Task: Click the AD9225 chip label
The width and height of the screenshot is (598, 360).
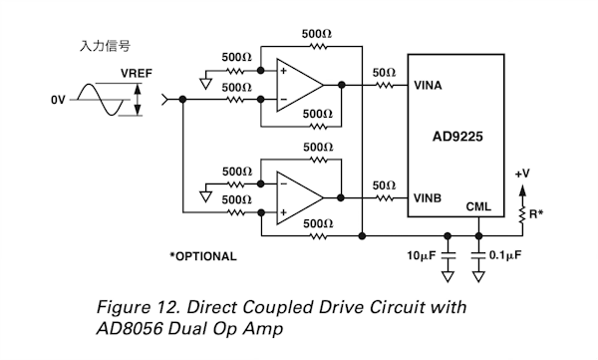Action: coord(457,137)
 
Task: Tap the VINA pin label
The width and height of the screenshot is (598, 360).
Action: coord(428,85)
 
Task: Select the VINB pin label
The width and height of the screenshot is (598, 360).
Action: coord(428,198)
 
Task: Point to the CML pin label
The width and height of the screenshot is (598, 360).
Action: coord(478,206)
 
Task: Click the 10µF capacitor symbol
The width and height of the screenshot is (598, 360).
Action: coord(448,255)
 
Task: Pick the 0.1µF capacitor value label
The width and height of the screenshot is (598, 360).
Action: coord(505,255)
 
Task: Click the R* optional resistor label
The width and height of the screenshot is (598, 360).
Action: coord(536,213)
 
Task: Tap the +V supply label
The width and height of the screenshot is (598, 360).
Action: coord(522,174)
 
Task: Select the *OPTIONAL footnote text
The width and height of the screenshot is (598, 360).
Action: coord(203,256)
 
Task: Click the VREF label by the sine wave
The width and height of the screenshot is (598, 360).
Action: coord(137,73)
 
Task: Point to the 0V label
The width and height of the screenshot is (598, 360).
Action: coord(58,100)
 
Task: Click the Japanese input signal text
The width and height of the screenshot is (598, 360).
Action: coord(105,46)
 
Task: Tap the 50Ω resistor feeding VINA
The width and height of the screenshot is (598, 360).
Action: coord(385,85)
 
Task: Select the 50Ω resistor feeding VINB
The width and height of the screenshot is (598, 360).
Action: coord(385,198)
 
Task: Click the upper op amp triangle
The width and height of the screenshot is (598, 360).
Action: coord(300,85)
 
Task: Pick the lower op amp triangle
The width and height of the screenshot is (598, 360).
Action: coord(300,198)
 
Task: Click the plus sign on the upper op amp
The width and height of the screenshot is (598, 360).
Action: coord(283,71)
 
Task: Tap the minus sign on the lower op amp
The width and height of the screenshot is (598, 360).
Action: coord(283,184)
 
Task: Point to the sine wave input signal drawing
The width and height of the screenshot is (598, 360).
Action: coord(101,100)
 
